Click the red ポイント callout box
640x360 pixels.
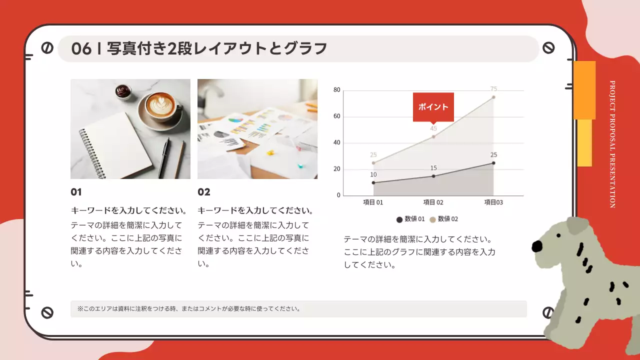click(x=433, y=106)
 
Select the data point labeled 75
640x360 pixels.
click(x=493, y=97)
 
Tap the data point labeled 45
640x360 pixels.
click(x=433, y=136)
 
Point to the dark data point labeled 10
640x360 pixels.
click(x=373, y=182)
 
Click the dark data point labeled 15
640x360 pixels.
click(x=433, y=176)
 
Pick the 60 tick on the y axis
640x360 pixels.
click(x=336, y=116)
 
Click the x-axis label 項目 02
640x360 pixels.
click(x=433, y=202)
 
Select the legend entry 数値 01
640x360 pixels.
click(x=410, y=219)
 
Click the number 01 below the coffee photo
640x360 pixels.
click(x=76, y=192)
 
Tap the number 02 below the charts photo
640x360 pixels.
click(x=203, y=192)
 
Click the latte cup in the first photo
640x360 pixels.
click(x=160, y=106)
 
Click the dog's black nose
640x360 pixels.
click(x=537, y=246)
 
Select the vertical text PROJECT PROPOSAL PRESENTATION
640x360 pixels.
click(x=612, y=144)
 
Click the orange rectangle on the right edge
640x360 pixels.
click(x=584, y=90)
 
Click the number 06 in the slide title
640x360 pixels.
click(x=81, y=48)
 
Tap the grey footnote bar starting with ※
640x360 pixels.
click(x=298, y=309)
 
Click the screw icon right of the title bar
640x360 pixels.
click(x=548, y=48)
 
